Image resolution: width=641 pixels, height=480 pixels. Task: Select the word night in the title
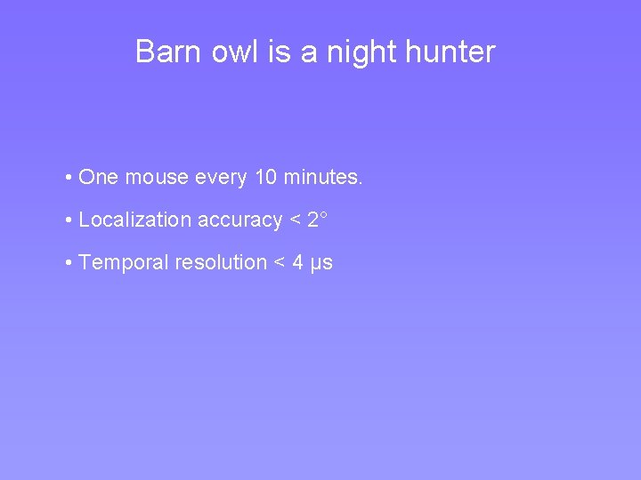361,52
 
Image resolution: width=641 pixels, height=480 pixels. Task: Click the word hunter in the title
450,52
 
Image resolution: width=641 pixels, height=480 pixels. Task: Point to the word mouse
157,178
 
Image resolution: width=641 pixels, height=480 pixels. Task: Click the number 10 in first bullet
265,178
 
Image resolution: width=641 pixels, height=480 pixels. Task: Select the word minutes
323,178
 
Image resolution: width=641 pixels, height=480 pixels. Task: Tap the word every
222,178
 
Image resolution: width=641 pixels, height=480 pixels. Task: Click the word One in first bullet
99,178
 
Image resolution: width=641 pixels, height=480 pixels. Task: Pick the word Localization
134,220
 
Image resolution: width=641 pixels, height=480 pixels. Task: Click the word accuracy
239,220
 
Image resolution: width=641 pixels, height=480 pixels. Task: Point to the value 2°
318,220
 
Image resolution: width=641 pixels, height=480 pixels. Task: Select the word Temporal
120,263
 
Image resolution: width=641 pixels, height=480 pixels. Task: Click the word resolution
225,263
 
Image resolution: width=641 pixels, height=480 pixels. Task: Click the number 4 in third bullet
298,263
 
